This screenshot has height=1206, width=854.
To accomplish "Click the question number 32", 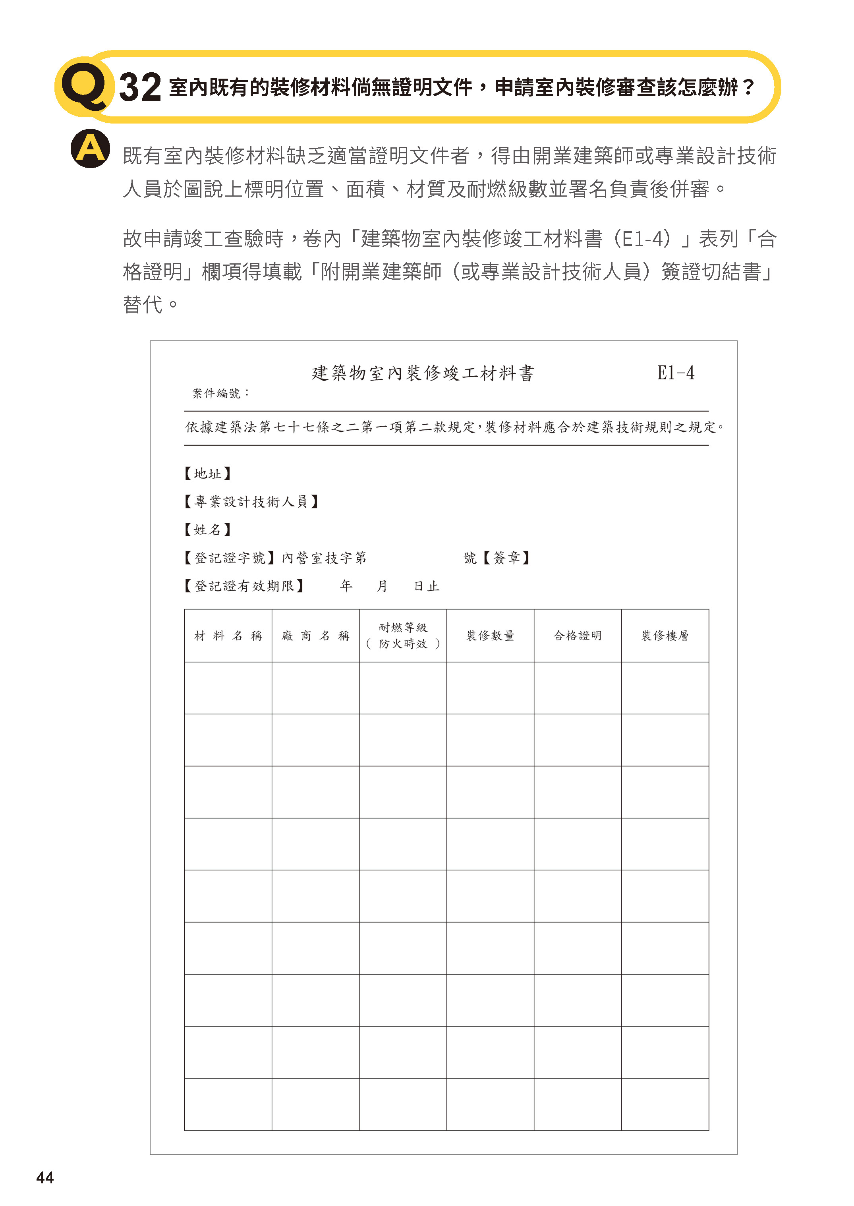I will click(139, 87).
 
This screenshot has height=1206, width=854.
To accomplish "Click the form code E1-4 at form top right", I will click(675, 373).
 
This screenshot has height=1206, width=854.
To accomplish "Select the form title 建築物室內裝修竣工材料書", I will click(423, 373).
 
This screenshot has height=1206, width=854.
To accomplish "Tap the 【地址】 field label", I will click(208, 474).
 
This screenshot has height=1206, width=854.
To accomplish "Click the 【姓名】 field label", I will click(208, 530).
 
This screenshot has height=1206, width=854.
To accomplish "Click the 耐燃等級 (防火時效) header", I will click(403, 635).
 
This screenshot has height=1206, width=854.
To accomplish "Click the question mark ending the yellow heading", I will click(749, 87).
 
